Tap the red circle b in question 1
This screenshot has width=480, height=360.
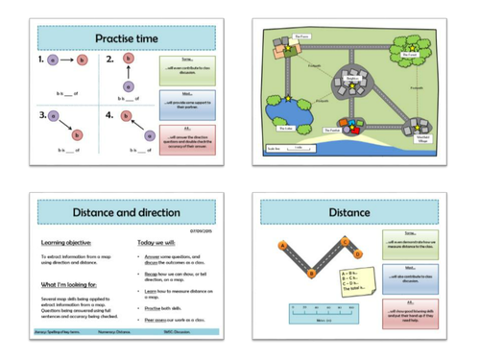(82, 60)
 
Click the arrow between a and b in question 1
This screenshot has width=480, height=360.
(67, 60)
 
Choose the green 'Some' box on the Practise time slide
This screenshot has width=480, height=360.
(180, 68)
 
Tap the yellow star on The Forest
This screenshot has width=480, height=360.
(413, 48)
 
